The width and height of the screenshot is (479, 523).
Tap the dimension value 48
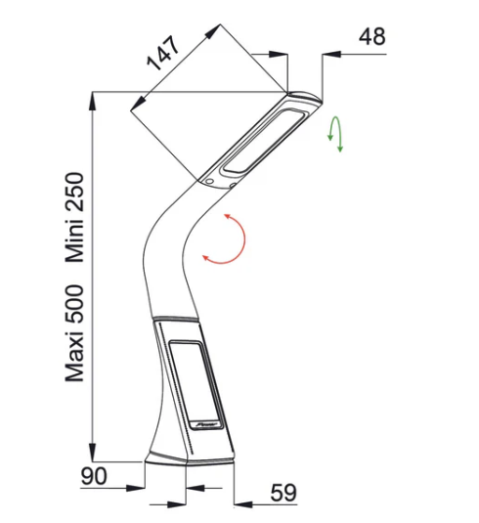pos(372,36)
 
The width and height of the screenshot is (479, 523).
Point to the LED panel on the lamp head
pos(266,140)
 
